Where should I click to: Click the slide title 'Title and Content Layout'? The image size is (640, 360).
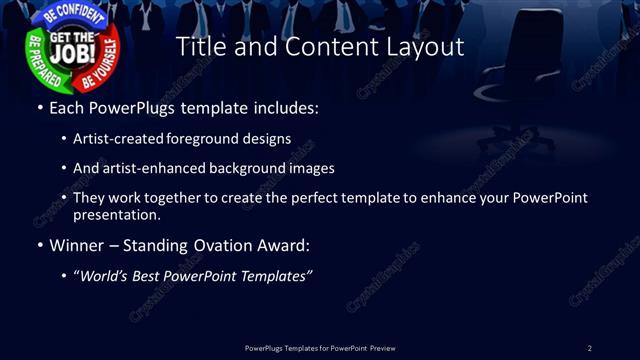coord(320,46)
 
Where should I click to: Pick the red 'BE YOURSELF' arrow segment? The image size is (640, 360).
coord(104,62)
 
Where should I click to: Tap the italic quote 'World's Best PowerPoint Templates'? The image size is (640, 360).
coord(194,275)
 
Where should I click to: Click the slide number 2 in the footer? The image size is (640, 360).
coord(589,348)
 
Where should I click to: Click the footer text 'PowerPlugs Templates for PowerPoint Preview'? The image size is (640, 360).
coord(320,348)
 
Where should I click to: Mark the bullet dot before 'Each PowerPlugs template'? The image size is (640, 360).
coord(39,107)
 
